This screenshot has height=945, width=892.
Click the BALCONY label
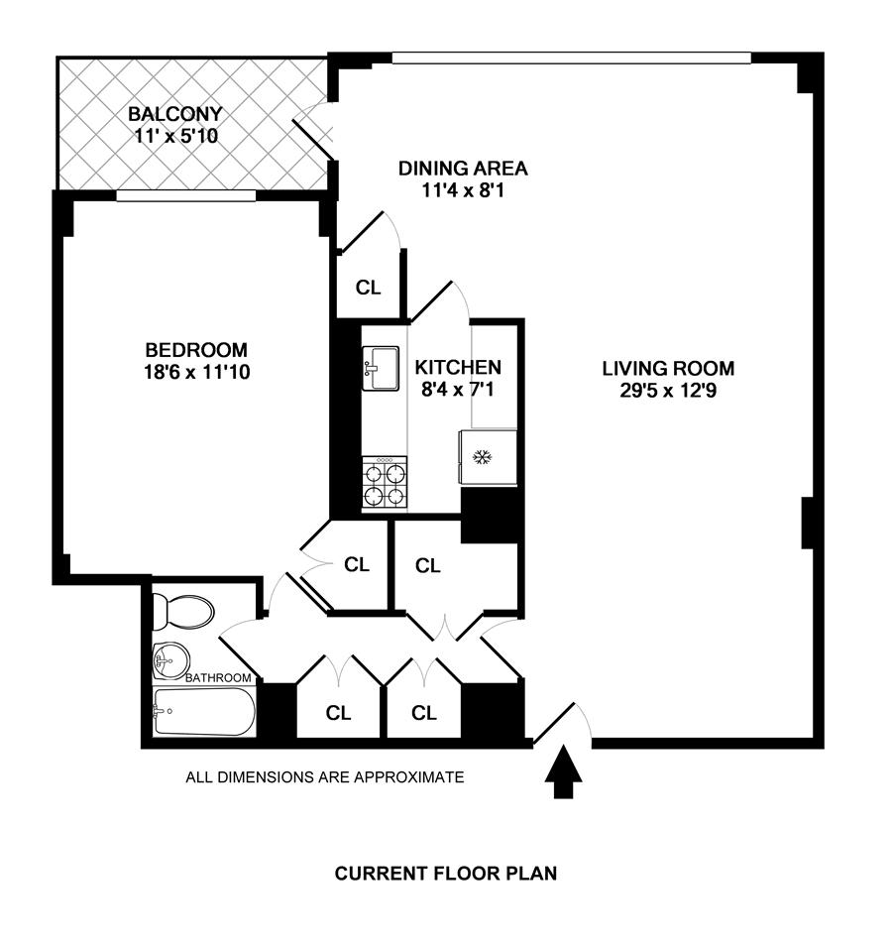click(x=175, y=113)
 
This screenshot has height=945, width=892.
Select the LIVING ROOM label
click(x=669, y=369)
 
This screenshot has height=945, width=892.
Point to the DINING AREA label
click(x=463, y=168)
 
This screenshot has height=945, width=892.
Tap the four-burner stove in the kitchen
click(x=385, y=484)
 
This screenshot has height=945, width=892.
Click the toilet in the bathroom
click(x=184, y=611)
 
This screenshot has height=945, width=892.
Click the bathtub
click(x=203, y=712)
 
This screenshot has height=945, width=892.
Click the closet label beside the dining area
click(x=369, y=289)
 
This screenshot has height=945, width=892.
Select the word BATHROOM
click(x=219, y=678)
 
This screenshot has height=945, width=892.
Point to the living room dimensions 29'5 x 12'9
click(x=669, y=391)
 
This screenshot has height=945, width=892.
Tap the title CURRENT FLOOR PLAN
click(x=446, y=874)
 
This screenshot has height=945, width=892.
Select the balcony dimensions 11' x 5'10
click(x=175, y=134)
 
